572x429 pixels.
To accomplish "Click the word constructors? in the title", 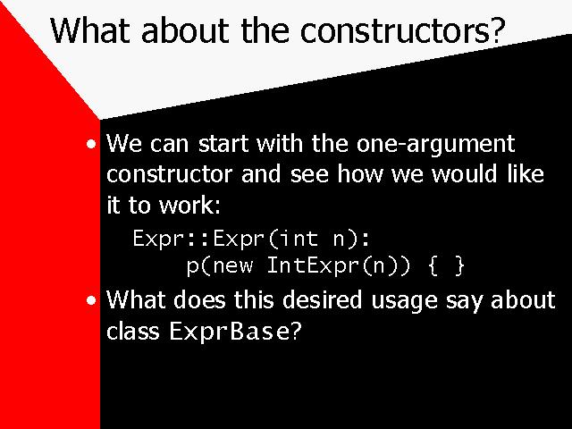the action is pyautogui.click(x=403, y=29).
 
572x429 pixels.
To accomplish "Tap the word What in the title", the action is pyautogui.click(x=90, y=29).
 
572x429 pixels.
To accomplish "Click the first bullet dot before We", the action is pyautogui.click(x=91, y=144).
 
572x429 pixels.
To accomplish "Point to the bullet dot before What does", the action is pyautogui.click(x=91, y=300).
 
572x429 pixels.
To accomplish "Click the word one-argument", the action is pyautogui.click(x=435, y=145).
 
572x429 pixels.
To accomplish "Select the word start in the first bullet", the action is pyautogui.click(x=223, y=143).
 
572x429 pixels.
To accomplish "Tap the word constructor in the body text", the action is pyautogui.click(x=169, y=174).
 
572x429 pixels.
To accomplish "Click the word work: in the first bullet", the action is pyautogui.click(x=189, y=205).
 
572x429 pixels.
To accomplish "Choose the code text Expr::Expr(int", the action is pyautogui.click(x=225, y=239).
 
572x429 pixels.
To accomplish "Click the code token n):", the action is pyautogui.click(x=351, y=240).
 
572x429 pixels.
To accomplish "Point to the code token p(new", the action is pyautogui.click(x=220, y=266).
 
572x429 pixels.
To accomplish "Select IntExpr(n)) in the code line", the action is pyautogui.click(x=339, y=265).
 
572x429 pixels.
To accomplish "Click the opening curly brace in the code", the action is pyautogui.click(x=433, y=265).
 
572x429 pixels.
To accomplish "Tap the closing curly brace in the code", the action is pyautogui.click(x=459, y=265).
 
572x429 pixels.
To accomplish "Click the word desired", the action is pyautogui.click(x=323, y=299).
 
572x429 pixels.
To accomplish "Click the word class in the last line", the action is pyautogui.click(x=133, y=331).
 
